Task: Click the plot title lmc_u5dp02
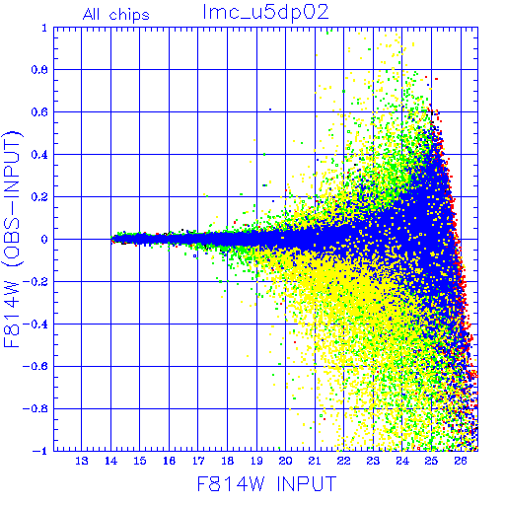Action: coord(265,13)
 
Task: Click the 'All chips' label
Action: coord(116,15)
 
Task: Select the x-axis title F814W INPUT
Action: coord(267,483)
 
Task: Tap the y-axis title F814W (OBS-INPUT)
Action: coord(12,239)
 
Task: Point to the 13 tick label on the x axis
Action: coord(82,461)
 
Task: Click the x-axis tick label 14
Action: coord(110,461)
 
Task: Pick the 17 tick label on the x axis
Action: coord(198,461)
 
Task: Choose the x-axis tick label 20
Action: coord(285,461)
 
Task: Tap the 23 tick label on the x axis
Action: coord(373,461)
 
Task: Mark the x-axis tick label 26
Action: coord(461,461)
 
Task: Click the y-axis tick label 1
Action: coord(44,28)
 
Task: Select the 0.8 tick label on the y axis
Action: coord(39,70)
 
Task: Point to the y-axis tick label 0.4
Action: coord(39,155)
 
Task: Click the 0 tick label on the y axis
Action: coord(44,239)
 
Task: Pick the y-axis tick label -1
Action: coord(40,451)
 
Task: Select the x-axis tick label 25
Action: coord(431,461)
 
